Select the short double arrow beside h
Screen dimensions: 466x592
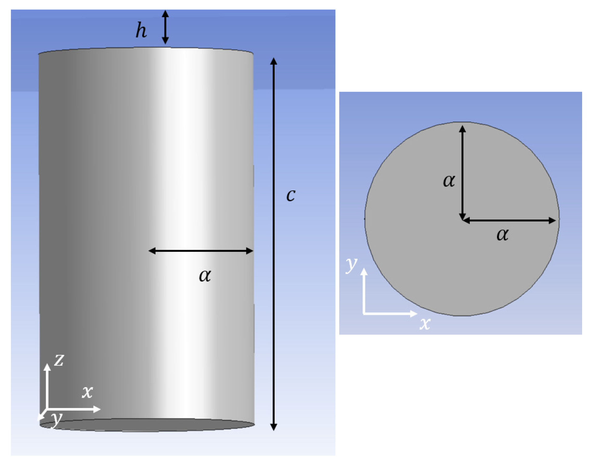coord(165,27)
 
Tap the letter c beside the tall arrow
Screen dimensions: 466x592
coord(291,195)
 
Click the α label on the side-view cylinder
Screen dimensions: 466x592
coord(205,276)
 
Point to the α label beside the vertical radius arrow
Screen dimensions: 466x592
coord(449,181)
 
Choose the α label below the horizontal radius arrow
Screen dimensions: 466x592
coord(503,234)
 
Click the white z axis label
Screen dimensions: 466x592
coord(59,360)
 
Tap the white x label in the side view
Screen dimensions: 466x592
coord(87,392)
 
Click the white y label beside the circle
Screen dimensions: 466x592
coord(351,264)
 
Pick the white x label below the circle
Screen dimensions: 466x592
coord(425,324)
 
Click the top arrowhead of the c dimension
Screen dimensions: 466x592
coord(274,61)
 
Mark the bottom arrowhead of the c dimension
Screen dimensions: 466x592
coord(274,427)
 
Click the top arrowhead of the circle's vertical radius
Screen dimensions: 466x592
coord(462,128)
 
